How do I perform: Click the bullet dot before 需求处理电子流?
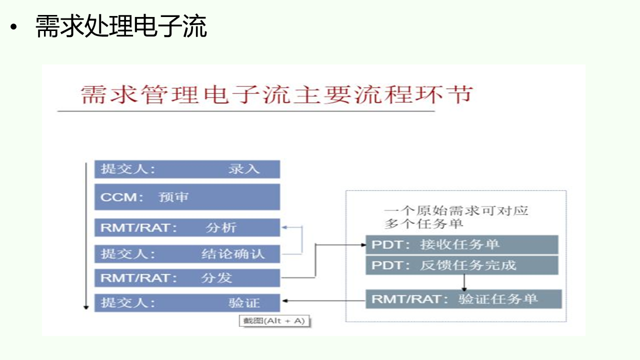coord(13,27)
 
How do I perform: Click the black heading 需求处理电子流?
coord(121,26)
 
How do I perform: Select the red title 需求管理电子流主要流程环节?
coord(276,94)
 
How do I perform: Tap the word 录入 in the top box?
coord(243,169)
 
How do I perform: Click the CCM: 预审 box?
coord(187,197)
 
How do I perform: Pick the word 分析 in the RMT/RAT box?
coord(221,227)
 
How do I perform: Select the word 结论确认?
coord(233,253)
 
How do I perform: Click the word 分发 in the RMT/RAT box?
coord(216,277)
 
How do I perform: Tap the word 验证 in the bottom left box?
coord(243,303)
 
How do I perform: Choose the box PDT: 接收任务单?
coord(462,244)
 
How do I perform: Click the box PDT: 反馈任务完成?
coord(462,265)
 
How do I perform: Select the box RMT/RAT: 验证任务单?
coord(463,299)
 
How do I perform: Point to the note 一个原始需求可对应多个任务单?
coord(456,217)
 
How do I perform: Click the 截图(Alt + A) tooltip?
coord(274,321)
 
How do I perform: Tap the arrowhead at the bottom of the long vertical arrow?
coord(86,307)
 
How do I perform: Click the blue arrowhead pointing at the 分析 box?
coord(284,227)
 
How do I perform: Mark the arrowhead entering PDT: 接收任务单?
coord(363,245)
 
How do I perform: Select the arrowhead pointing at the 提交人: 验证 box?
coord(285,300)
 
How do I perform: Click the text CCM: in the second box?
coord(121,197)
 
